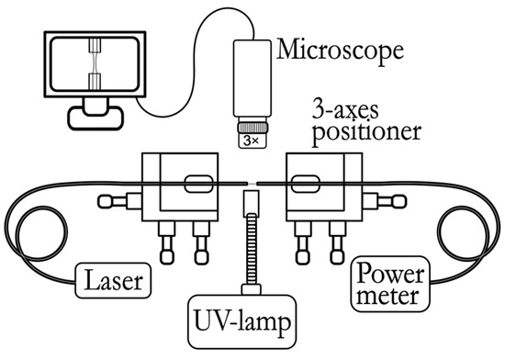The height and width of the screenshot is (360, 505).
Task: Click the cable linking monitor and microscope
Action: click(184, 55)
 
